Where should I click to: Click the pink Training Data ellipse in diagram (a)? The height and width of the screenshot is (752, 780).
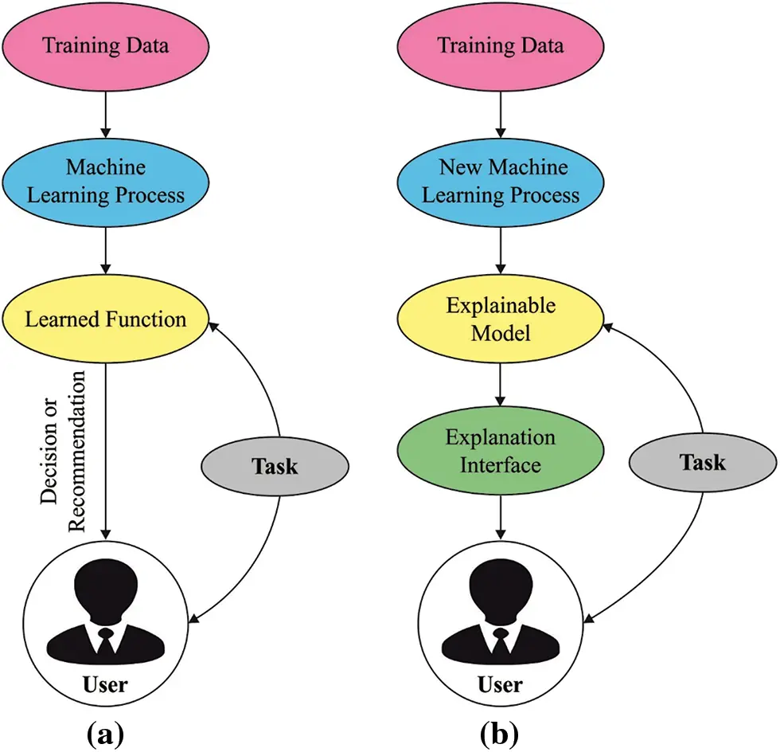[x=106, y=44]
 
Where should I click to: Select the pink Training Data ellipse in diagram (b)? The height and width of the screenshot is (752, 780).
[x=500, y=44]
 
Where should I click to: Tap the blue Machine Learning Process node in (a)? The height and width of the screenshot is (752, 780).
[x=106, y=182]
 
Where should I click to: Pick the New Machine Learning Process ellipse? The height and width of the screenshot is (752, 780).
[x=500, y=182]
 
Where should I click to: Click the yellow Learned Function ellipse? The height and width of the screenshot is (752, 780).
[x=106, y=319]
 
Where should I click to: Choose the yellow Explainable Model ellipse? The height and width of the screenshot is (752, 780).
[x=500, y=319]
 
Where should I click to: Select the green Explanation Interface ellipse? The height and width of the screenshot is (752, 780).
[x=500, y=451]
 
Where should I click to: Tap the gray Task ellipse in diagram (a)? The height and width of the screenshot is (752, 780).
[x=275, y=465]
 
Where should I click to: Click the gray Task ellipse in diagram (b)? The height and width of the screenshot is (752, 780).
[x=702, y=461]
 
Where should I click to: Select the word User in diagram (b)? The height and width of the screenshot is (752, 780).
[x=500, y=684]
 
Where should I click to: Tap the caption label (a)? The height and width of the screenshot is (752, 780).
[x=104, y=731]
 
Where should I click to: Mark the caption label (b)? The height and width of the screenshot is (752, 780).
[x=500, y=731]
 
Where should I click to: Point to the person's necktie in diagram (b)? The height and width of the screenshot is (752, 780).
[x=500, y=642]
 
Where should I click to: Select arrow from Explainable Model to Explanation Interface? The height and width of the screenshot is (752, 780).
[x=500, y=386]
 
